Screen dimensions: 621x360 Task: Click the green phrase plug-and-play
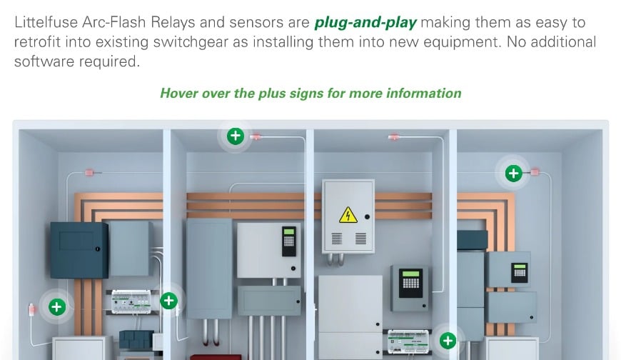(x=365, y=23)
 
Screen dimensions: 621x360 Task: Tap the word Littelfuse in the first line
(x=46, y=22)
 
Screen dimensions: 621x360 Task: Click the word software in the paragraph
(x=44, y=61)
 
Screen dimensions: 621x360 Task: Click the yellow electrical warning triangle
(x=348, y=215)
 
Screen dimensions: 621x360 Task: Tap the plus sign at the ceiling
(x=236, y=136)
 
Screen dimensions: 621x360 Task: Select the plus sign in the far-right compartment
(x=514, y=174)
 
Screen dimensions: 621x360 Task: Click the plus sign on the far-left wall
(x=57, y=307)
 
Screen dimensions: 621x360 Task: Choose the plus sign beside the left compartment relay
(x=168, y=301)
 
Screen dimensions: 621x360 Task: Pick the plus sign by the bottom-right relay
(x=448, y=341)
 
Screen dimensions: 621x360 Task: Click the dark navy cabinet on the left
(x=79, y=250)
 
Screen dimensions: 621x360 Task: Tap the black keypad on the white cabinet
(x=288, y=241)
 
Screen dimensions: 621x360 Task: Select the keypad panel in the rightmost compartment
(x=519, y=272)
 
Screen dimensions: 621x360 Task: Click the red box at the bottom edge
(x=216, y=357)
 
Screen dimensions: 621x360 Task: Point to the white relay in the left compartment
(x=131, y=301)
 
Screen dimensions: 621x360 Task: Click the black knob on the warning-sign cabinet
(x=367, y=217)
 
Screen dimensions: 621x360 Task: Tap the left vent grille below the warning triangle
(x=337, y=239)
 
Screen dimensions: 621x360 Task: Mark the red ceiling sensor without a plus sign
(x=394, y=137)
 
